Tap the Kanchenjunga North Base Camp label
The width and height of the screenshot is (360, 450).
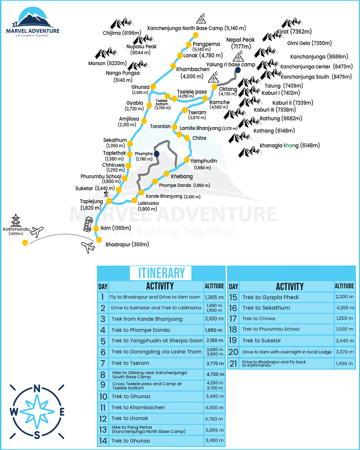pyautogui.click(x=196, y=28)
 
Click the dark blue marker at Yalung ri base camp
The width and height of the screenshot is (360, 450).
pyautogui.click(x=238, y=70)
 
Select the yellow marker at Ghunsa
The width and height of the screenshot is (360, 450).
pyautogui.click(x=153, y=87)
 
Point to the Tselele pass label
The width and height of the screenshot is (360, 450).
pyautogui.click(x=192, y=92)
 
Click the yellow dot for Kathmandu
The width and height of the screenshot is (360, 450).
pyautogui.click(x=25, y=242)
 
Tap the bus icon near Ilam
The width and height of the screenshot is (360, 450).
pyautogui.click(x=88, y=224)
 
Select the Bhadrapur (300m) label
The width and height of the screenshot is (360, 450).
pyautogui.click(x=127, y=244)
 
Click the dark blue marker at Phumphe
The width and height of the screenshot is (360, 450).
pyautogui.click(x=157, y=154)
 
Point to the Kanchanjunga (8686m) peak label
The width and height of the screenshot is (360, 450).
pyautogui.click(x=319, y=57)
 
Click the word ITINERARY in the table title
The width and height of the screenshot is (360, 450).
pyautogui.click(x=161, y=273)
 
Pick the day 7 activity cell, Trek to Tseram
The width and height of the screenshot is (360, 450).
pyautogui.click(x=156, y=363)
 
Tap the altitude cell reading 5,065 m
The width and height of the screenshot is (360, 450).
pyautogui.click(x=214, y=430)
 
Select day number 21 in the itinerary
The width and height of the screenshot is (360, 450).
pyautogui.click(x=233, y=364)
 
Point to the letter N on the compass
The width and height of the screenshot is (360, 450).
pyautogui.click(x=37, y=389)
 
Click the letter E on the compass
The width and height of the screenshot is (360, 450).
pyautogui.click(x=62, y=412)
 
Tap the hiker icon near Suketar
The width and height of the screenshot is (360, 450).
pyautogui.click(x=106, y=194)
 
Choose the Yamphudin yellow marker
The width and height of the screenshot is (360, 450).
pyautogui.click(x=187, y=159)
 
